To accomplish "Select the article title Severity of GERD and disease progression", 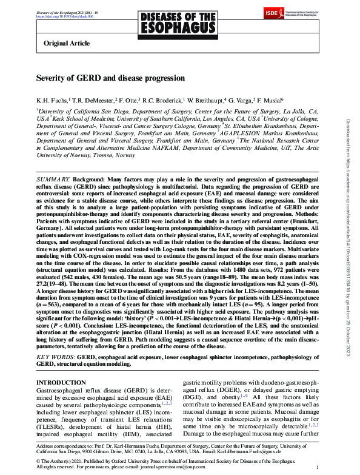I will [111, 79].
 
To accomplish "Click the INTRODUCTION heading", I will [61, 382].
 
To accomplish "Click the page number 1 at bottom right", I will [318, 468].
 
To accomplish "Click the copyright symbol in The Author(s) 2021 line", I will [39, 460].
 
